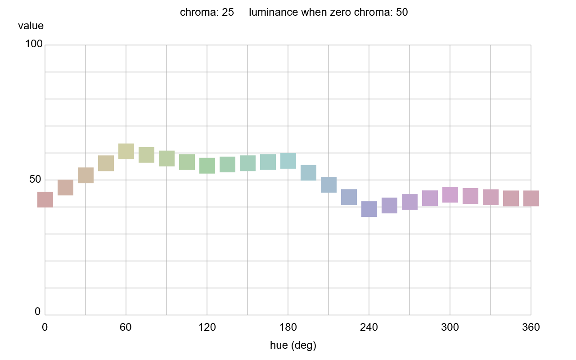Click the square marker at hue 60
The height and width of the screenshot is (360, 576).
(x=126, y=151)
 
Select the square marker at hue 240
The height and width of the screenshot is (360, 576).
(x=369, y=209)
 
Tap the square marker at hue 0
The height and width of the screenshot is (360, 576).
(x=45, y=199)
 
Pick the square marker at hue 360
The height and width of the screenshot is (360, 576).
(x=531, y=198)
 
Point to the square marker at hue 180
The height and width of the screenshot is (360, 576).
(x=288, y=161)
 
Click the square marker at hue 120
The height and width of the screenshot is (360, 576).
(x=207, y=166)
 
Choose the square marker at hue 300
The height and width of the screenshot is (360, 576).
(x=450, y=195)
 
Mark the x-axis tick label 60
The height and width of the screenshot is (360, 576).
(x=126, y=328)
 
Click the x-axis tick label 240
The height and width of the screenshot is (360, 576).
(x=369, y=328)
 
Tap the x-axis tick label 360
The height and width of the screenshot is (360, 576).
(x=531, y=328)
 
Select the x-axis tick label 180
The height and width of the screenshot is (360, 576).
(x=288, y=328)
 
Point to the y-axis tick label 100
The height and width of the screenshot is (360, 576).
(x=33, y=44)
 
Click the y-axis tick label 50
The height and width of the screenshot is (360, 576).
(x=35, y=180)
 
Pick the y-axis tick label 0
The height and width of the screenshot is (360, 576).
(x=38, y=312)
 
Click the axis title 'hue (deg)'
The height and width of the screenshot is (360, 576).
(x=293, y=346)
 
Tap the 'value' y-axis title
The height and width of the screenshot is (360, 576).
(x=31, y=26)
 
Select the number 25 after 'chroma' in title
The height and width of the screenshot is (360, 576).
(x=228, y=13)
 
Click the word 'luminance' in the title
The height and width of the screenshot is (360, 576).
(x=273, y=13)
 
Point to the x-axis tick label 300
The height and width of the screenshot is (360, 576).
(x=450, y=328)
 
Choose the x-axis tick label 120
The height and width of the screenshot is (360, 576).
(x=207, y=328)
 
